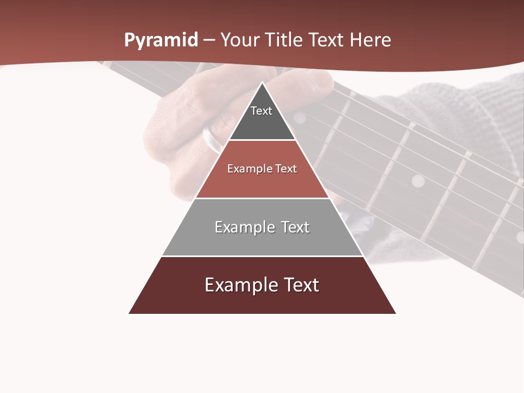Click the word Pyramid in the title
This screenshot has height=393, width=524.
tap(160, 40)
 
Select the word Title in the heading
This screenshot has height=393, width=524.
tap(285, 40)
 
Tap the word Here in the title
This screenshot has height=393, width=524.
tap(370, 40)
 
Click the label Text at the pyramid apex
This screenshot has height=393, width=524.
tap(261, 111)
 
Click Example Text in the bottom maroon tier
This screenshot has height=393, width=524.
tap(262, 285)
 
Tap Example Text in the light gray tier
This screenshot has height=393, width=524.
tap(262, 227)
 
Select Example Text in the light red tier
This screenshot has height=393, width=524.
tap(262, 169)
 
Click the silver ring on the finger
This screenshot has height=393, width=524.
tap(212, 141)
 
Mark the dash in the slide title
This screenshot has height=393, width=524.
tap(209, 40)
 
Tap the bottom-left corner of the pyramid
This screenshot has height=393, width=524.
tap(129, 313)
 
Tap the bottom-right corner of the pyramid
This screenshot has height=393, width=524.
tap(396, 313)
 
